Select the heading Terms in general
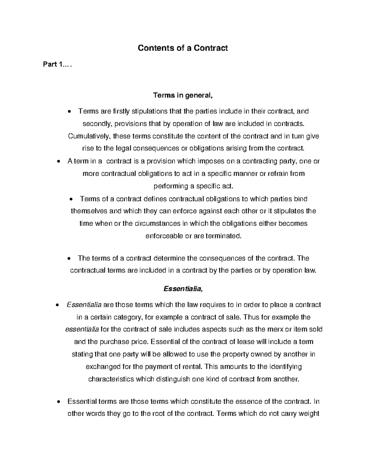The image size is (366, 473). tap(182, 96)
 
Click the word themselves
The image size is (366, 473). tap(89, 211)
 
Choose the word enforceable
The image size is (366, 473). tap(164, 236)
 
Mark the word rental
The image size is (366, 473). tap(192, 367)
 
